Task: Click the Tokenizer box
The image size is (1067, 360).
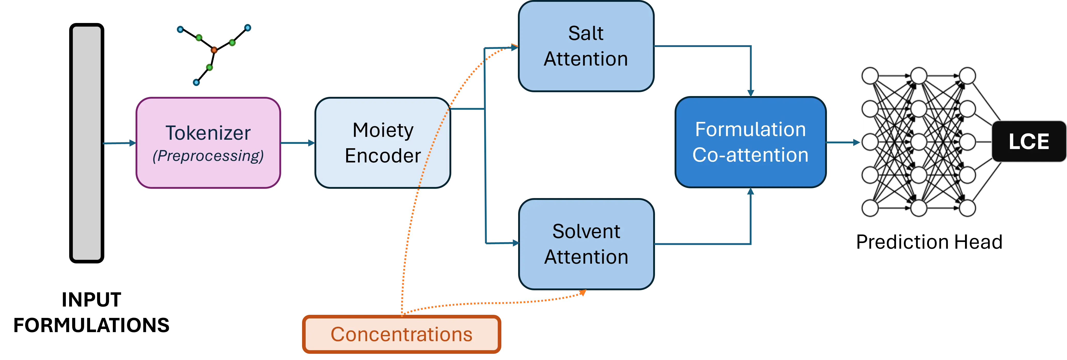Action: point(208,143)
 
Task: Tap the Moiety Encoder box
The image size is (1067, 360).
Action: point(382,143)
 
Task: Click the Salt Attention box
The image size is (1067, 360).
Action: point(586,46)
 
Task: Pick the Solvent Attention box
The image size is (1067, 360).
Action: point(586,244)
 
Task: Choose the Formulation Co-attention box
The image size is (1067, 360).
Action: point(750,142)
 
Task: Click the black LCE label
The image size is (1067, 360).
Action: point(1029,142)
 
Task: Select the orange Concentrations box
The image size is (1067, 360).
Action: point(401,334)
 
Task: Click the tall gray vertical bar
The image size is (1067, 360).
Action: point(86,143)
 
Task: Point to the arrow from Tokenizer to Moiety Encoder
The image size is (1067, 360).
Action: point(297,143)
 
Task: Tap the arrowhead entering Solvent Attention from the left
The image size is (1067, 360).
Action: point(515,243)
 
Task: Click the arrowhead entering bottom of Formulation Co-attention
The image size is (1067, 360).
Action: point(750,192)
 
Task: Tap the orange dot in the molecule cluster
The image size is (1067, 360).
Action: point(214,50)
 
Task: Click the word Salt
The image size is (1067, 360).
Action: point(586,33)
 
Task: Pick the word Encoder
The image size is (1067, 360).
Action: point(383,156)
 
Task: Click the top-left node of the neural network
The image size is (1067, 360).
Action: point(870,76)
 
